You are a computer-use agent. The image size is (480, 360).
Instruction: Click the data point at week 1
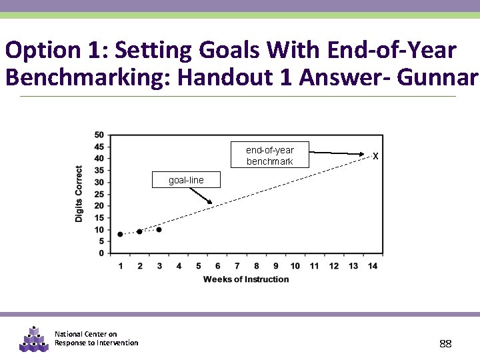120,234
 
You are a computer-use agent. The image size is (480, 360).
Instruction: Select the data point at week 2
139,231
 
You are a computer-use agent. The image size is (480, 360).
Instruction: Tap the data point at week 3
159,229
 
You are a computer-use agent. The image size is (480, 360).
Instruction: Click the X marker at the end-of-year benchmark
376,156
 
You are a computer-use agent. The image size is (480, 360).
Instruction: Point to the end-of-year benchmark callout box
270,155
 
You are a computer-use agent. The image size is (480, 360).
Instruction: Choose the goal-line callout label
186,181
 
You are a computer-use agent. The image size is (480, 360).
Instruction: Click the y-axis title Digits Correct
79,194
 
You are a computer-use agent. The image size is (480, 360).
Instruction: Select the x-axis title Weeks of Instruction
246,279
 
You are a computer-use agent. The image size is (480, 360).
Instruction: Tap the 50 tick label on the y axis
99,135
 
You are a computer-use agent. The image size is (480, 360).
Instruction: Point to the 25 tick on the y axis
99,194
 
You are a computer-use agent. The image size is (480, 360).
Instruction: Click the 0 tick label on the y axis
101,253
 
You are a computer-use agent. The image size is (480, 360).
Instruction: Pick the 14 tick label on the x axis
373,266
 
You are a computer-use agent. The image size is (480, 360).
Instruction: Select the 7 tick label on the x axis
237,266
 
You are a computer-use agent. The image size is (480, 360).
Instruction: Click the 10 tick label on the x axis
295,266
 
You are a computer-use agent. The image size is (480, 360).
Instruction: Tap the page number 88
445,343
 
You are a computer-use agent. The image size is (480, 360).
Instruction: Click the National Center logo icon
33,339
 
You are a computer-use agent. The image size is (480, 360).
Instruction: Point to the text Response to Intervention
97,343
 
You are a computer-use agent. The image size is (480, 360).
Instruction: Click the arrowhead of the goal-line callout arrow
211,203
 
